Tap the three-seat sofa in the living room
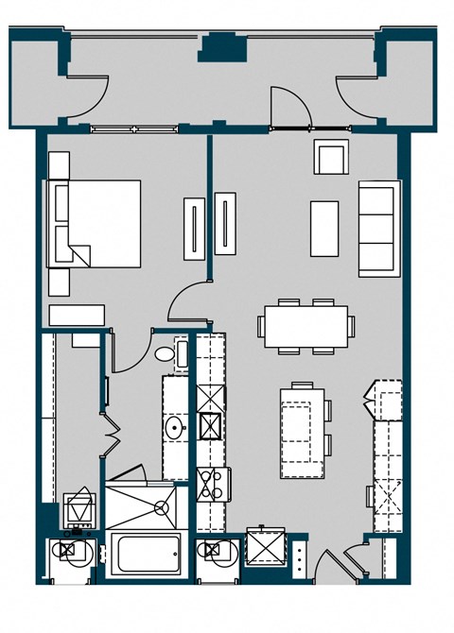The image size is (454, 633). pyautogui.click(x=375, y=228)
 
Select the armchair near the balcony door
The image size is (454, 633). pyautogui.click(x=330, y=157)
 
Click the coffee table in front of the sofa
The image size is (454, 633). pyautogui.click(x=324, y=228)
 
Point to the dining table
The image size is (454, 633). pyautogui.click(x=306, y=326)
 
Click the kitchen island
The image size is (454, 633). pyautogui.click(x=302, y=432)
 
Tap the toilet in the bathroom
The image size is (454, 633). pyautogui.click(x=166, y=355)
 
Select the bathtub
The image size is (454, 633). pyautogui.click(x=148, y=554)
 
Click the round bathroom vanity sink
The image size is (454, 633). pyautogui.click(x=174, y=428)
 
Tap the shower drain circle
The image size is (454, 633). pyautogui.click(x=162, y=507)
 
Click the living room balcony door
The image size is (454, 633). pyautogui.click(x=289, y=107)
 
